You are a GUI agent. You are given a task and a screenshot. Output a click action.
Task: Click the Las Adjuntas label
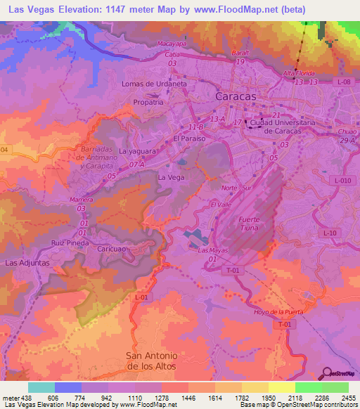pyautogui.click(x=27, y=262)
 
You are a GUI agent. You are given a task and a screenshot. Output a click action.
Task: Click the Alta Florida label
pyautogui.click(x=297, y=73)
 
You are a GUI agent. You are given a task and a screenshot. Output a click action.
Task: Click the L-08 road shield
pyautogui.click(x=343, y=82)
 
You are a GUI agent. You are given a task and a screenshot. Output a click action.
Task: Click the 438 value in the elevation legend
pyautogui.click(x=25, y=397)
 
